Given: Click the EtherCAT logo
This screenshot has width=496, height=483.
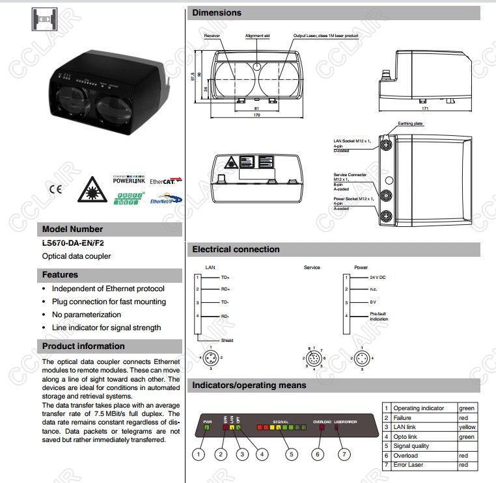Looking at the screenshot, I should click(x=166, y=181).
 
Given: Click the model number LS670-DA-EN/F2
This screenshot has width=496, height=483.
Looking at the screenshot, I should click(x=73, y=242).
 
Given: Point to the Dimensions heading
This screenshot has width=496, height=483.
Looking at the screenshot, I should click(x=217, y=13).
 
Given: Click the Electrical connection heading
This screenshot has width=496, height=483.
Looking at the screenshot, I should click(x=236, y=250).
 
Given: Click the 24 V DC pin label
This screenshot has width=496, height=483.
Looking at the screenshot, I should click(x=378, y=278).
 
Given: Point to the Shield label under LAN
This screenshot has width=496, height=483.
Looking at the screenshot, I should click(x=227, y=340).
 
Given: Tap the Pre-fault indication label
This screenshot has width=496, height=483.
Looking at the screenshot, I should click(x=379, y=317).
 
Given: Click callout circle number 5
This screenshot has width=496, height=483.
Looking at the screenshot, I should click(x=291, y=454).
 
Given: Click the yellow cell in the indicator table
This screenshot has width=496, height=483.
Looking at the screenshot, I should click(x=467, y=427).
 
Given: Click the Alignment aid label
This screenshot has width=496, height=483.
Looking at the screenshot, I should click(x=257, y=36).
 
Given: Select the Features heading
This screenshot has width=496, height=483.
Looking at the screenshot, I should click(x=61, y=275).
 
